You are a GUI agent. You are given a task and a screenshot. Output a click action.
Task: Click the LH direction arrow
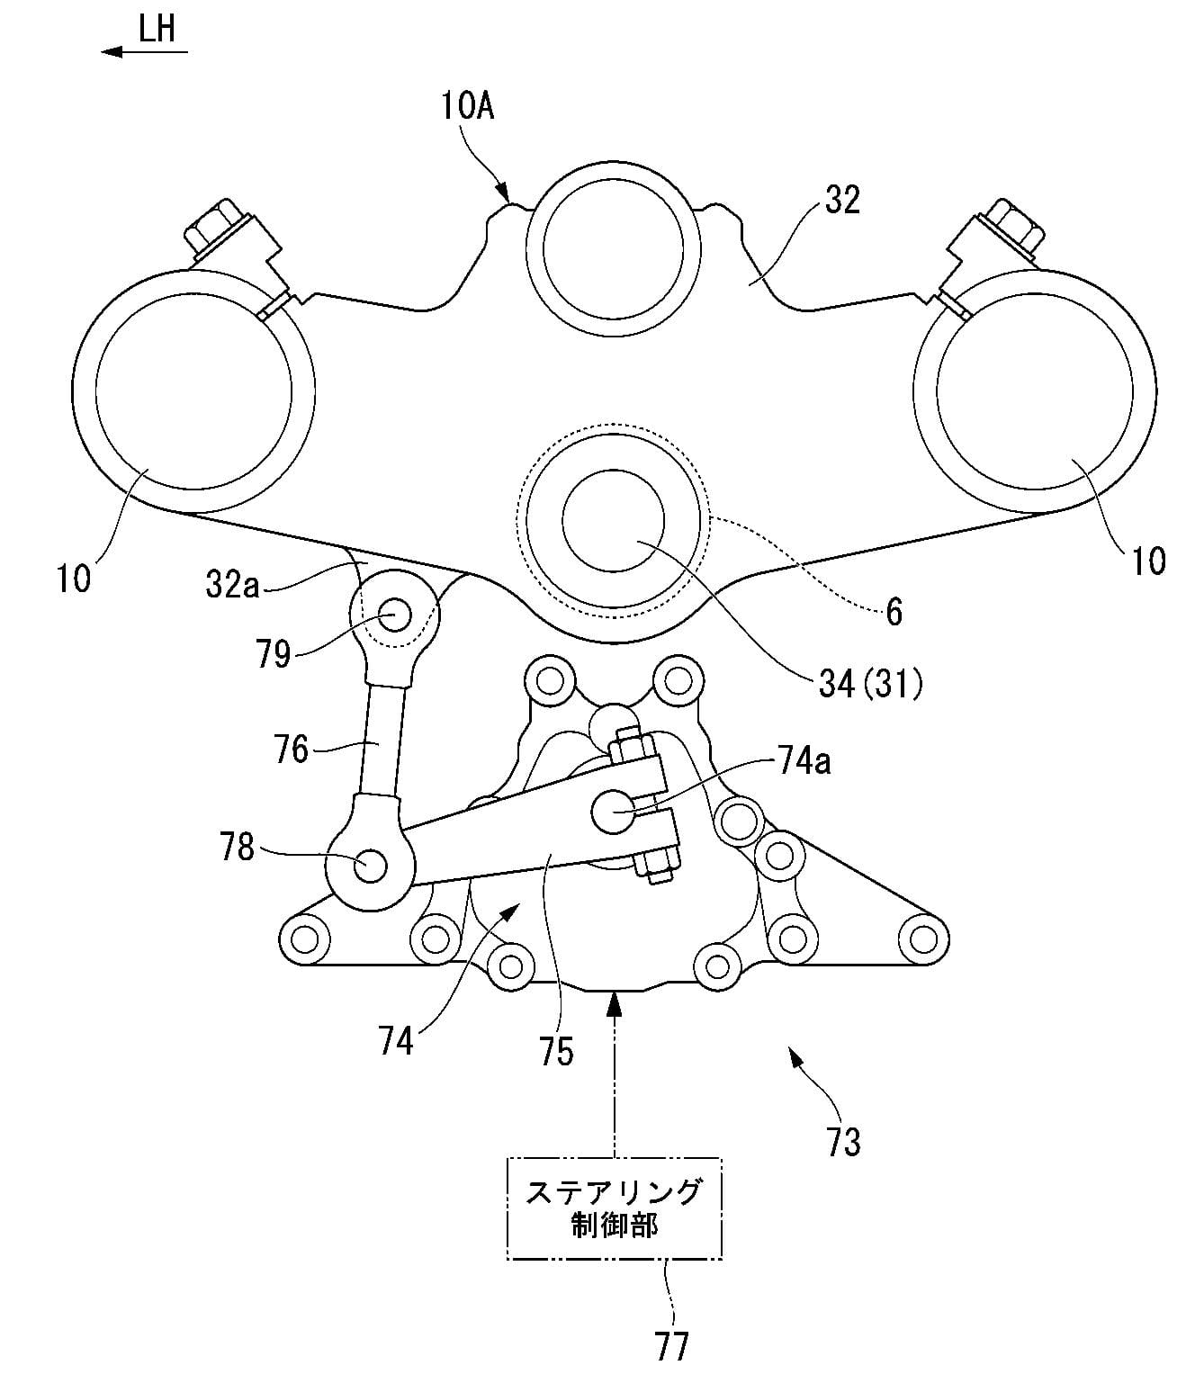[144, 52]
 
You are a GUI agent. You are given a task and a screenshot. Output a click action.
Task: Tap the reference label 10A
[468, 107]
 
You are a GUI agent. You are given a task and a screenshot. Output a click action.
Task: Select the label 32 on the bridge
[842, 200]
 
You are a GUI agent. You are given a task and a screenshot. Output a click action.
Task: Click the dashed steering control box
[614, 1207]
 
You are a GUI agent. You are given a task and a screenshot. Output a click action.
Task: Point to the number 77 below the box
[672, 1345]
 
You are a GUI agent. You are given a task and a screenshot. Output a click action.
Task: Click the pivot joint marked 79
[394, 615]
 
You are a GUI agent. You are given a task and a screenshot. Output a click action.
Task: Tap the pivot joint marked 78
[370, 866]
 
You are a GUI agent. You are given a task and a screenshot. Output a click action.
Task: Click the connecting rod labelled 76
[379, 747]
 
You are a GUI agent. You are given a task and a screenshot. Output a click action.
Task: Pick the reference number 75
[558, 1050]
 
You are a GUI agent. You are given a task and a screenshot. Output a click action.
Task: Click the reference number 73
[844, 1141]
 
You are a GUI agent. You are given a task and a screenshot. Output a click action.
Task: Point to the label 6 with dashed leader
[894, 612]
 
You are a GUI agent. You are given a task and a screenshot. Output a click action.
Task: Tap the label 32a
[231, 586]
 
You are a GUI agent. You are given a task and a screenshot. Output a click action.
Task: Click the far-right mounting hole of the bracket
[921, 938]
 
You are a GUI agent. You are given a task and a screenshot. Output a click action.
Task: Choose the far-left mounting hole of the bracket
[305, 939]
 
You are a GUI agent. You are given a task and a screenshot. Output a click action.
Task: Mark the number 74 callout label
[396, 1041]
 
